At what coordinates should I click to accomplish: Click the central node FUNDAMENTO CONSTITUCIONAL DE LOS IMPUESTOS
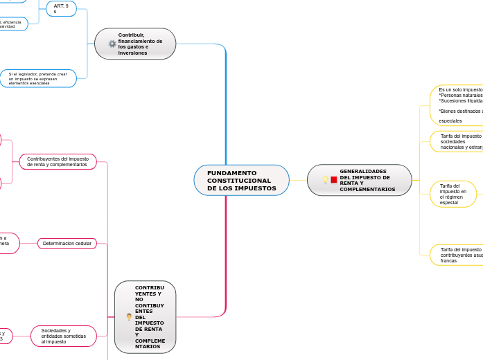(241, 180)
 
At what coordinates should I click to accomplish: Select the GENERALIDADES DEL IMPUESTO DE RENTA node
(360, 180)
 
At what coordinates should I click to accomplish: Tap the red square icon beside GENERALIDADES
(334, 180)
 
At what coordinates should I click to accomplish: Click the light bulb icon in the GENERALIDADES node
(325, 180)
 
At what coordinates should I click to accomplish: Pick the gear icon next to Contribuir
(112, 44)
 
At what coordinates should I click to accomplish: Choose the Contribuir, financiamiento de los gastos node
(136, 44)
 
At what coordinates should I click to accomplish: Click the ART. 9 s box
(61, 8)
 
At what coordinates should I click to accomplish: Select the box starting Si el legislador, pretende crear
(38, 78)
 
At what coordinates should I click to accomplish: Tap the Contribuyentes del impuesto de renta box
(58, 162)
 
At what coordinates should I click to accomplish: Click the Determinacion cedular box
(67, 244)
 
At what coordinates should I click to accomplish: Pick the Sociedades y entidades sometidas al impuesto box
(64, 336)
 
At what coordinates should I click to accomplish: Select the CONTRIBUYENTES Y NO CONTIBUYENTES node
(146, 317)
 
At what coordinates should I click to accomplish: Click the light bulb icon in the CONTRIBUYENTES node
(129, 317)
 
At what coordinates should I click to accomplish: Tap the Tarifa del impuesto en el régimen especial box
(453, 194)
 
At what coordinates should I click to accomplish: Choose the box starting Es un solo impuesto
(457, 105)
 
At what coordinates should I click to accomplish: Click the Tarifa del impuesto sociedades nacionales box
(457, 141)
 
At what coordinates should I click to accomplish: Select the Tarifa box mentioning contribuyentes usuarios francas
(457, 255)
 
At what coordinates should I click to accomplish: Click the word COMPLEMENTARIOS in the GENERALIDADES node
(367, 189)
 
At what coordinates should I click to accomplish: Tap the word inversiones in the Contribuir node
(133, 53)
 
